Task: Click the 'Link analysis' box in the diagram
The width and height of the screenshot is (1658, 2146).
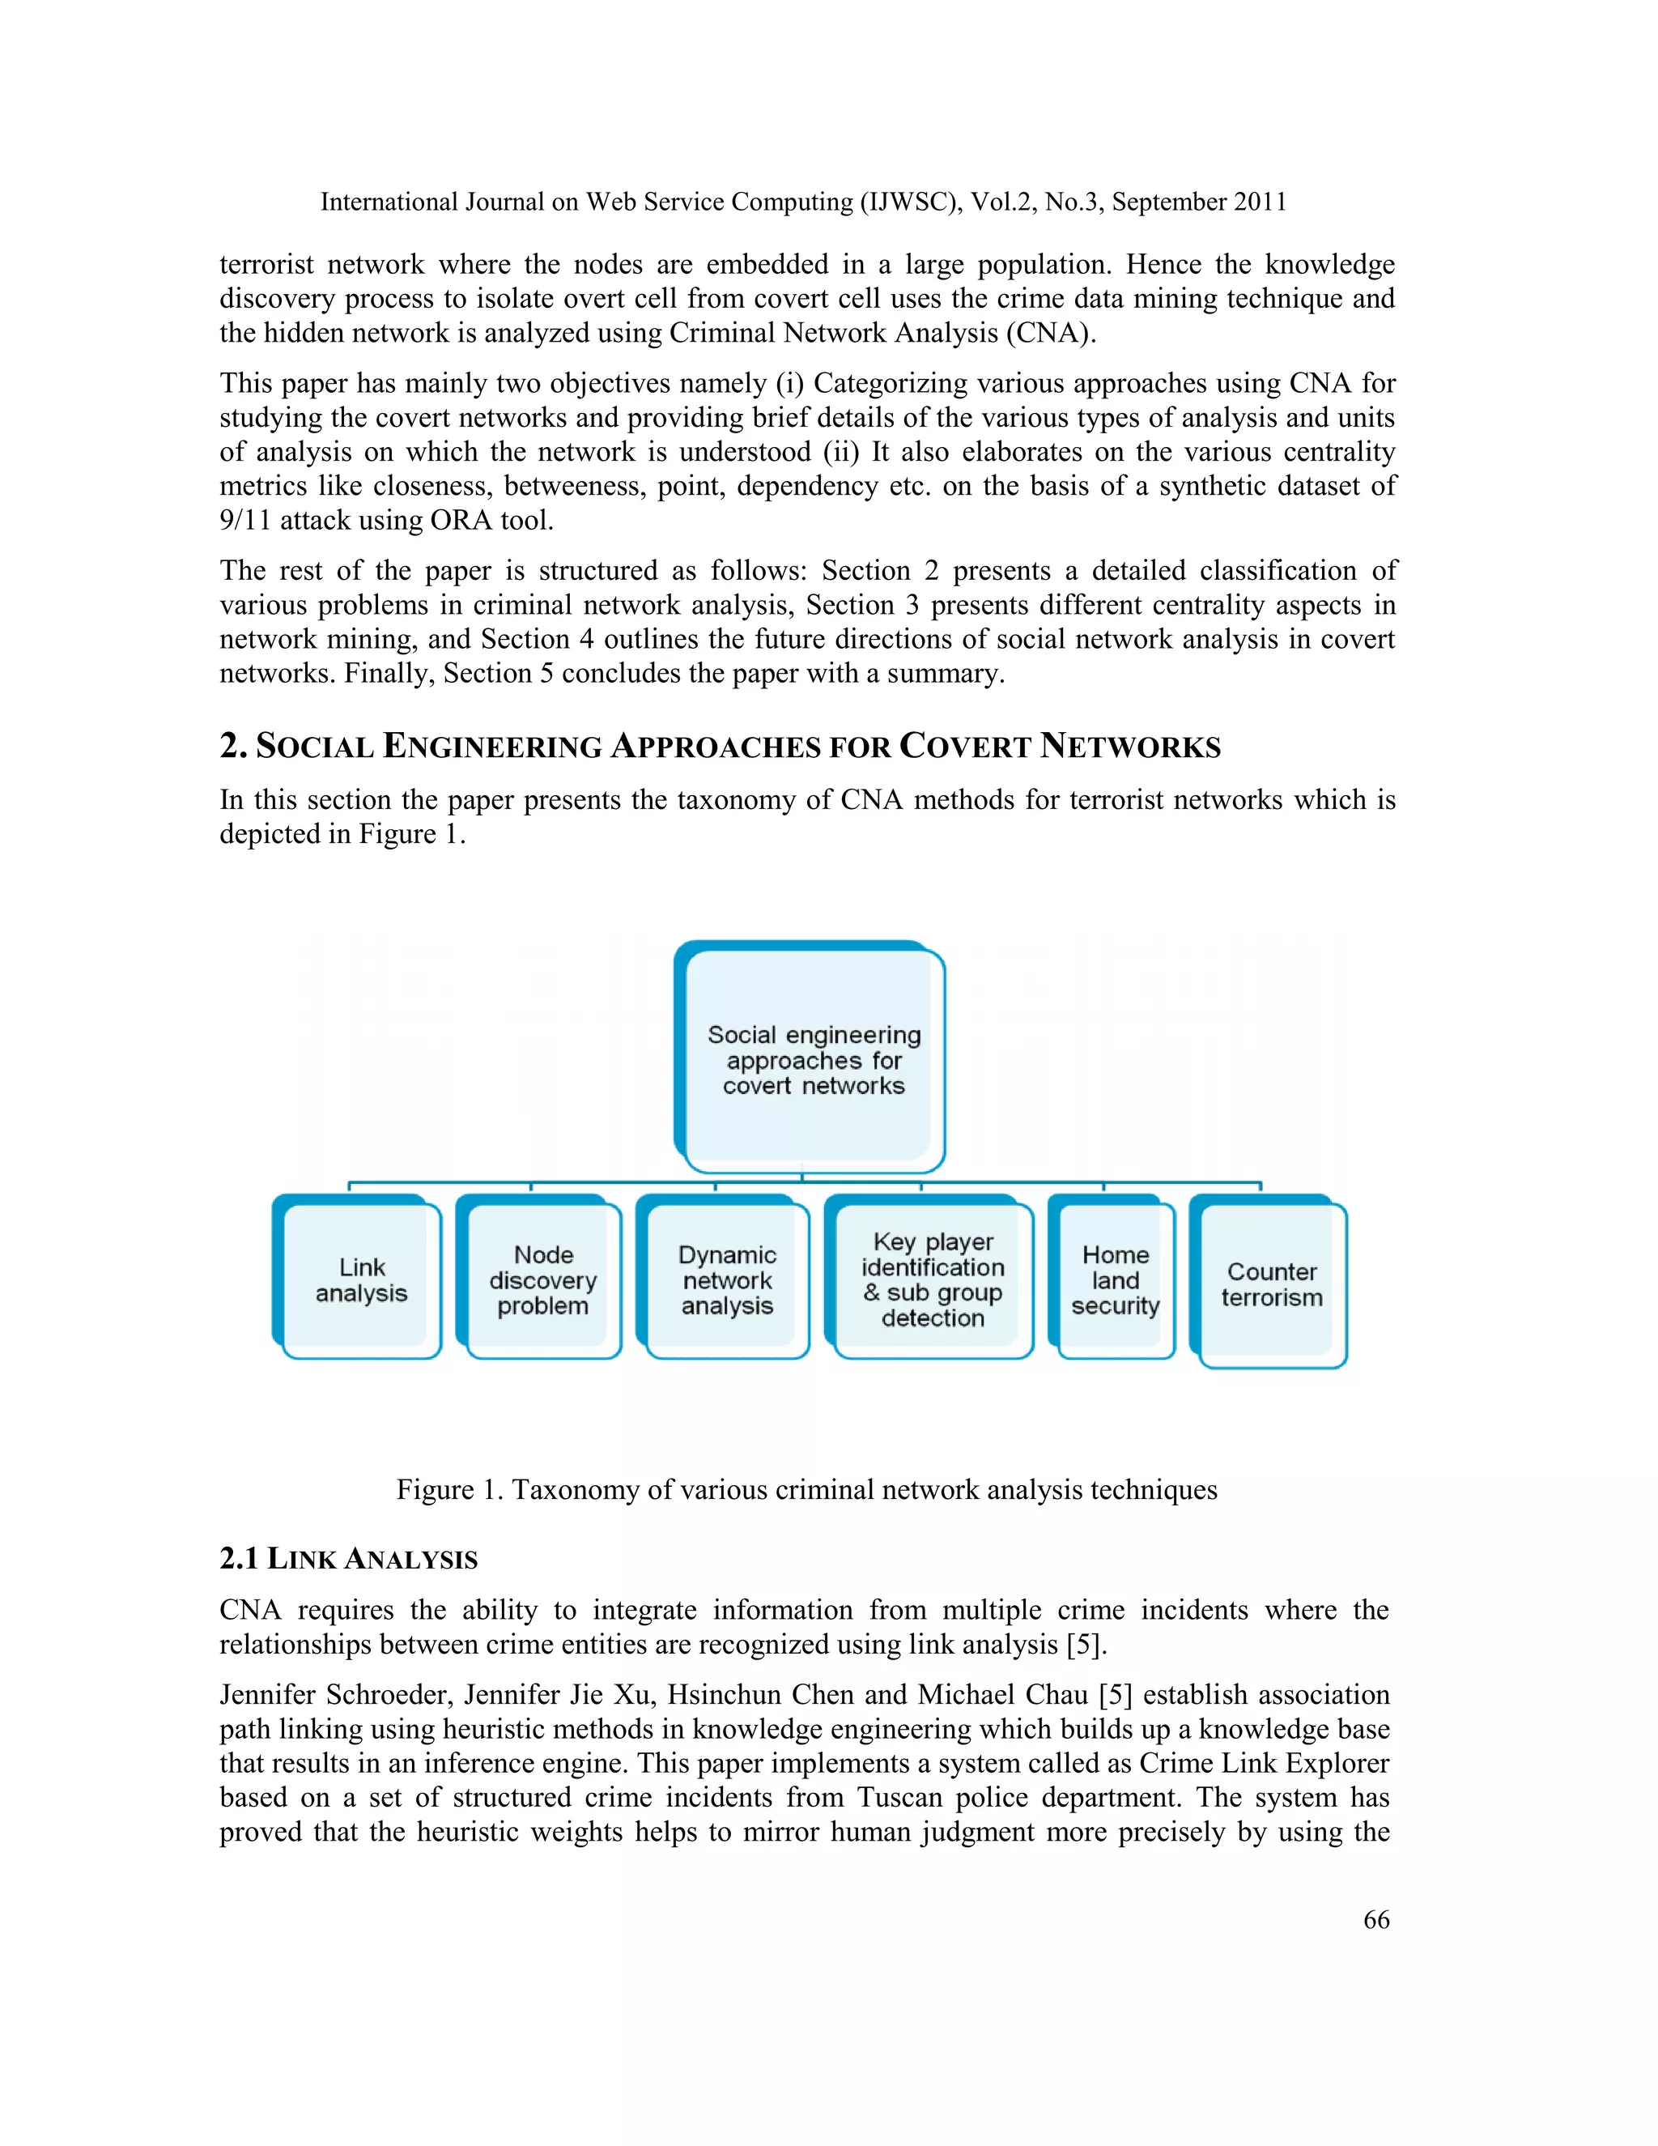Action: [360, 1280]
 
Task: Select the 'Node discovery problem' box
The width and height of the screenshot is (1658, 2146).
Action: [543, 1280]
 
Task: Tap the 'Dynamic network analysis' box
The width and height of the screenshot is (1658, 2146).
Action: [727, 1280]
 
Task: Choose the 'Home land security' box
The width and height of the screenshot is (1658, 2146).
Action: [1116, 1280]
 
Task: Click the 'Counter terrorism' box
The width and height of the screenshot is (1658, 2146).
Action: [1272, 1284]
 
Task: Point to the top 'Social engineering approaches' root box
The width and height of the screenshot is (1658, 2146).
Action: [814, 1059]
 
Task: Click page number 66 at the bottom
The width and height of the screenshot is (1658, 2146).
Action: [1376, 1919]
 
